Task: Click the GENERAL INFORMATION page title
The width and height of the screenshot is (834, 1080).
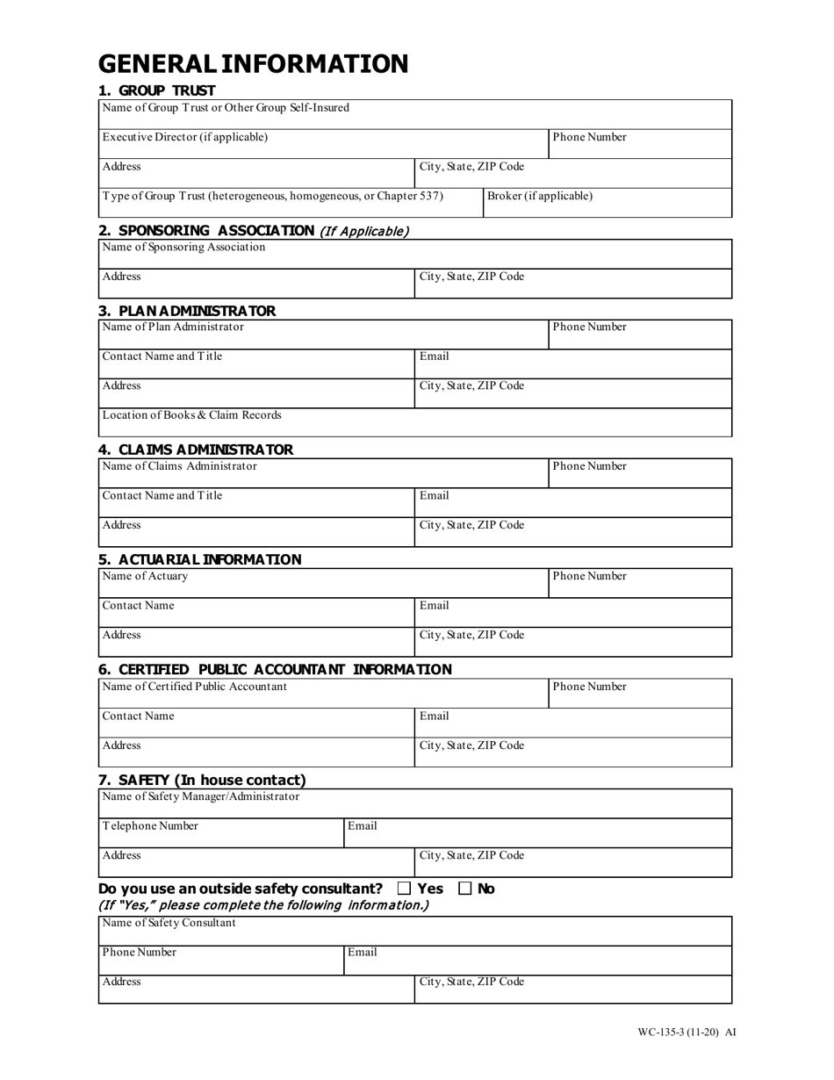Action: coord(253,64)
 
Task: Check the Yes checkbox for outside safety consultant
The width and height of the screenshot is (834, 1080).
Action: coord(404,889)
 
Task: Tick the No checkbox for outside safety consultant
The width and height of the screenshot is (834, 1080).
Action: coord(465,889)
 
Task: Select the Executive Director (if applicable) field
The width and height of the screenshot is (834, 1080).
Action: coord(322,144)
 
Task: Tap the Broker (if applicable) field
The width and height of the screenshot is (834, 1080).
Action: coord(608,203)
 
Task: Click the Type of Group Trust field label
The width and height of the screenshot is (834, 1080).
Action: coord(273,196)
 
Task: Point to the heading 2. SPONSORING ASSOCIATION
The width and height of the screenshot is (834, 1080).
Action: coord(206,231)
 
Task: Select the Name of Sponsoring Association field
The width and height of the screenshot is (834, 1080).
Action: coord(414,255)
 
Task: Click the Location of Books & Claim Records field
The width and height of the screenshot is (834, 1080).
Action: coord(414,422)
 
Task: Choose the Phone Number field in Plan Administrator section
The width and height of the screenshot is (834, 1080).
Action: coord(640,335)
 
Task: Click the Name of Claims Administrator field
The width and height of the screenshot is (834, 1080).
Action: coord(322,473)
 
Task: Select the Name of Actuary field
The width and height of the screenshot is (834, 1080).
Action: coord(322,583)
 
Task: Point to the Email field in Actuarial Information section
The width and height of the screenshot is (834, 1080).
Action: coord(572,613)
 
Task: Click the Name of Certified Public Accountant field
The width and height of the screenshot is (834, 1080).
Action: coord(322,694)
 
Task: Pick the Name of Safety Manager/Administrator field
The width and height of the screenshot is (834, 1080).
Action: coord(414,803)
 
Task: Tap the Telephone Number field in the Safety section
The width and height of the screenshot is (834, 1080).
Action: coord(220,833)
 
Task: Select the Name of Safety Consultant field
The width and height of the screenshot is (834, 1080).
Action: coord(414,931)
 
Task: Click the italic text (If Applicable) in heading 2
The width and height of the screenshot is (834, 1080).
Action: coord(363,232)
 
